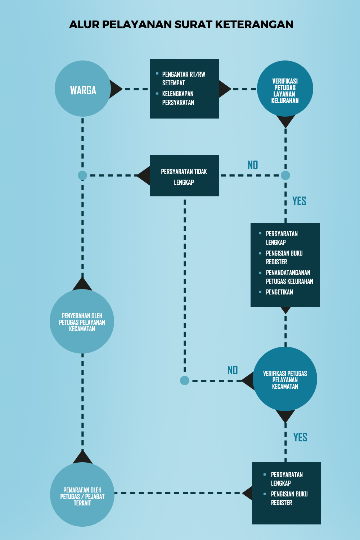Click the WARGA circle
click(83, 89)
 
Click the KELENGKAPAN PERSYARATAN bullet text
click(178, 98)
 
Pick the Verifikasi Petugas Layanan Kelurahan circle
click(285, 89)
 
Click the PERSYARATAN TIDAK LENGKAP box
click(184, 176)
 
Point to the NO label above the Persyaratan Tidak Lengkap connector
click(253, 165)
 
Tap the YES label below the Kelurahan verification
click(299, 201)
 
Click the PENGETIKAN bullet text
click(279, 292)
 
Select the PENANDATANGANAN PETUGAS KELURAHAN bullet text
click(289, 277)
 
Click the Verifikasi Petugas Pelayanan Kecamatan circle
click(285, 379)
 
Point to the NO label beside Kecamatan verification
click(233, 370)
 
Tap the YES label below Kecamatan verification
click(300, 437)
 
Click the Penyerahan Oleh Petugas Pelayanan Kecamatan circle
click(82, 321)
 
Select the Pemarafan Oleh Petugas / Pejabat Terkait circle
click(82, 494)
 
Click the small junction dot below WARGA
click(82, 175)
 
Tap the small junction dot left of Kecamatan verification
click(185, 381)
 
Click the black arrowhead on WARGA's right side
click(115, 89)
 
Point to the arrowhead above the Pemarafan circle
click(82, 456)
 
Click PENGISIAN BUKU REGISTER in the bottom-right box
click(289, 498)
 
